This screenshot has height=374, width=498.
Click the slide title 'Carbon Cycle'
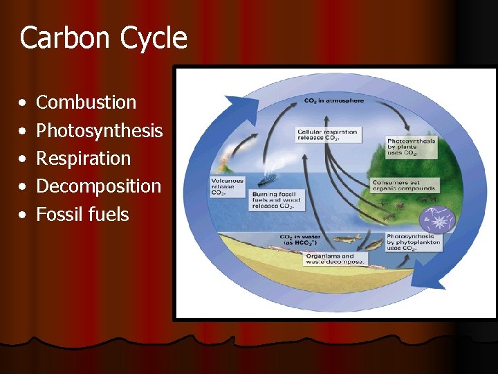pos(104,38)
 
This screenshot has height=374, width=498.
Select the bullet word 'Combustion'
pos(86,103)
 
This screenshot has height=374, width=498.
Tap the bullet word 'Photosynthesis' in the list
pos(99,130)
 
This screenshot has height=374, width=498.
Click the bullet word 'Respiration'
pos(83,159)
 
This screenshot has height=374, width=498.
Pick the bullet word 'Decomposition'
pos(98,186)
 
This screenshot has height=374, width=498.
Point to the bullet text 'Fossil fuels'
pos(82,215)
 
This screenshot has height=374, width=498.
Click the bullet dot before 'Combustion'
pos(24,103)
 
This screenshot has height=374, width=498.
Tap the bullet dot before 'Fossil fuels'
pos(24,215)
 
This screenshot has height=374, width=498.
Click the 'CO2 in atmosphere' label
pos(333,101)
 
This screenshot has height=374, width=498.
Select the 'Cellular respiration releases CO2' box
pos(327,134)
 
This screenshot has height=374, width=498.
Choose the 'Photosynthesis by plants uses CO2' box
pos(412,148)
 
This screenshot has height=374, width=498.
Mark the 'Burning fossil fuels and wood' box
pos(277,200)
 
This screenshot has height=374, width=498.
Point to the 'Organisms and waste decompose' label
pos(335,259)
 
